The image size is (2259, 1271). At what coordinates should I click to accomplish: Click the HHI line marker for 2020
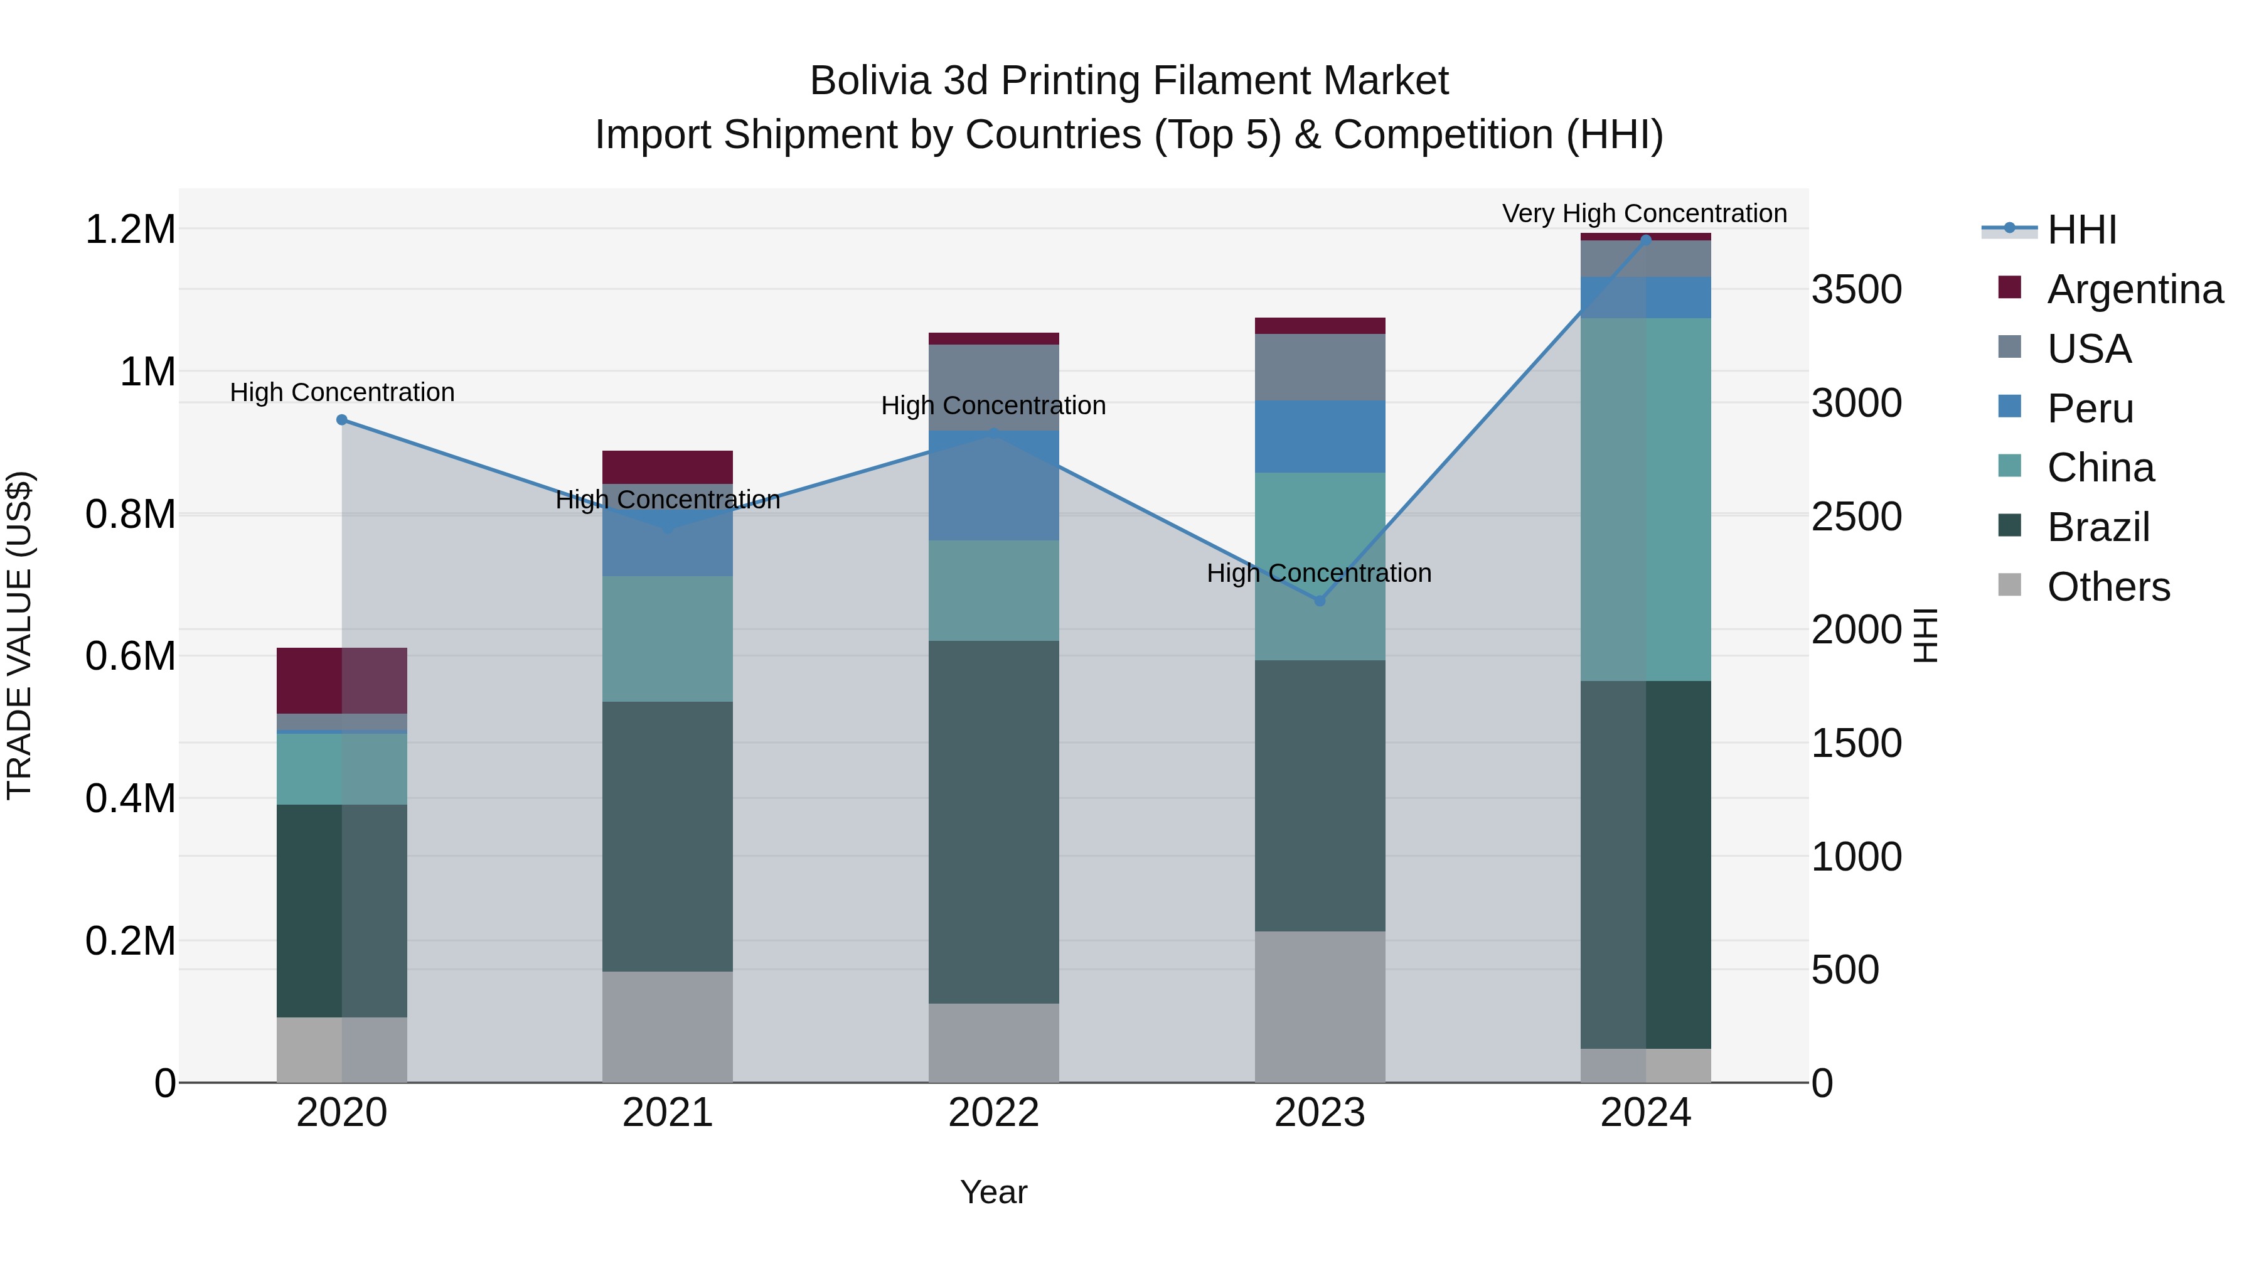[x=342, y=420]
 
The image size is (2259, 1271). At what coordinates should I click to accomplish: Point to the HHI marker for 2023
[x=1320, y=601]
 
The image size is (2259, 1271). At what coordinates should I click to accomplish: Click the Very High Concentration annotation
[x=1644, y=213]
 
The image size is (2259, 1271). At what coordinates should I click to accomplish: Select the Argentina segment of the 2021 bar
[x=668, y=466]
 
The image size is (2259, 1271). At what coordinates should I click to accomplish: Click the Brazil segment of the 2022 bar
[x=993, y=822]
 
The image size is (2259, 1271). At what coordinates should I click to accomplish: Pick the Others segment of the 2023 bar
[x=1320, y=1006]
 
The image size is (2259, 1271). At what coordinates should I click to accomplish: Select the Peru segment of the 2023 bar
[x=1320, y=437]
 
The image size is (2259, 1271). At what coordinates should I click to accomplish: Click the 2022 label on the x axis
[x=993, y=1113]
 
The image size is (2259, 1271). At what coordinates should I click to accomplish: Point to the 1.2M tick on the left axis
[x=130, y=230]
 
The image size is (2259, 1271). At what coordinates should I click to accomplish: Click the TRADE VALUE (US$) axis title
[x=19, y=635]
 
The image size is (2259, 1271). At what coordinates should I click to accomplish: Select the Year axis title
[x=993, y=1192]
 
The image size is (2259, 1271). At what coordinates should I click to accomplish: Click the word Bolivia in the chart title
[x=869, y=81]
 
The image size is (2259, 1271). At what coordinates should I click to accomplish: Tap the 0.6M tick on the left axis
[x=130, y=656]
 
